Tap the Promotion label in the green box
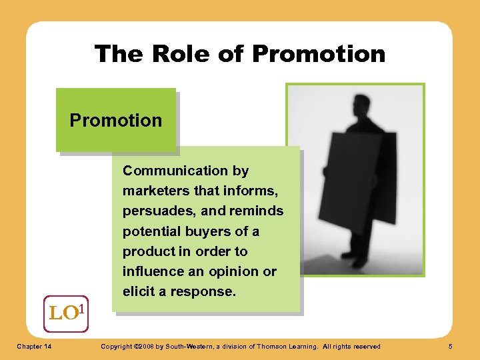tap(116, 121)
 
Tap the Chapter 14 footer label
tap(37, 346)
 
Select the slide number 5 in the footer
tap(451, 346)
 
